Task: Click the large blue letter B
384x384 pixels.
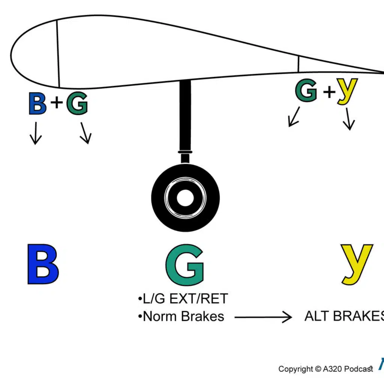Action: (43, 264)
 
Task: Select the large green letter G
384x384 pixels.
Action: (184, 265)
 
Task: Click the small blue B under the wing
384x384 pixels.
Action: (37, 103)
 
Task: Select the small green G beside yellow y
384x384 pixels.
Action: (306, 91)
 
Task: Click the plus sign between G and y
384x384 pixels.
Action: (328, 91)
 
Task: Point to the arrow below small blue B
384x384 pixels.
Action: (36, 133)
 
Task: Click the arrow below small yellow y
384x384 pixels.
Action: (349, 119)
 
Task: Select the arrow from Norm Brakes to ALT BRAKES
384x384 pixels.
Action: (262, 318)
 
